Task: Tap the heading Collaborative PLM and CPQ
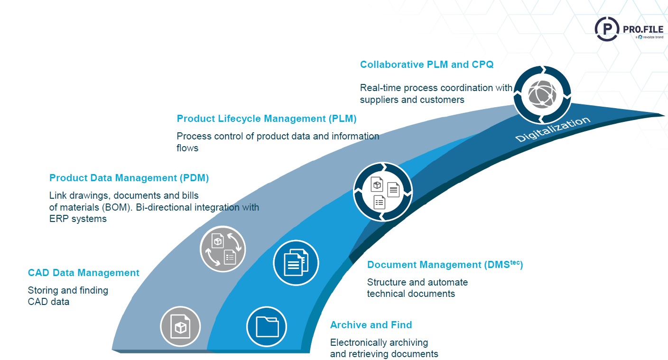click(x=427, y=65)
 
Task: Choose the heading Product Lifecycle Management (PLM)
click(x=266, y=119)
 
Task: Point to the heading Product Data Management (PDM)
click(x=129, y=178)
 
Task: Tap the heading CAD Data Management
click(x=83, y=273)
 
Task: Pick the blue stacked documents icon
click(x=296, y=262)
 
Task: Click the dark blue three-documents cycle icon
click(x=383, y=192)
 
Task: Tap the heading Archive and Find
click(x=371, y=325)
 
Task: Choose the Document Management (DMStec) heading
click(x=445, y=265)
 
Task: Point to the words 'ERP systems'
click(x=78, y=219)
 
